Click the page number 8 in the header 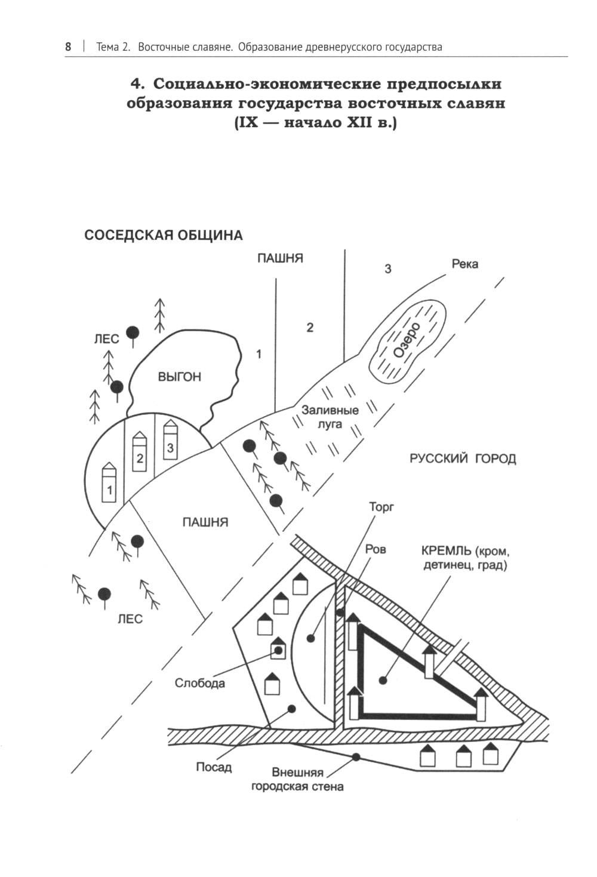tap(68, 47)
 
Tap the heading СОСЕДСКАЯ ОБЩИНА tap(164, 235)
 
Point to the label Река tap(464, 264)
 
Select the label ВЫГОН tap(179, 377)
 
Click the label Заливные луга tap(330, 417)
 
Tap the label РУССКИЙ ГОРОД tap(463, 459)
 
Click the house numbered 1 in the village tap(110, 484)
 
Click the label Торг tap(381, 507)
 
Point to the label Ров tap(375, 548)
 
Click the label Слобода tap(199, 683)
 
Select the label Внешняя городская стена tap(297, 779)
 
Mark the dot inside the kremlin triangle tap(384, 679)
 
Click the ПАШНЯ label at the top tap(280, 259)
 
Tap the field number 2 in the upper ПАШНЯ tap(310, 327)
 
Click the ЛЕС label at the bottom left tap(130, 619)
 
